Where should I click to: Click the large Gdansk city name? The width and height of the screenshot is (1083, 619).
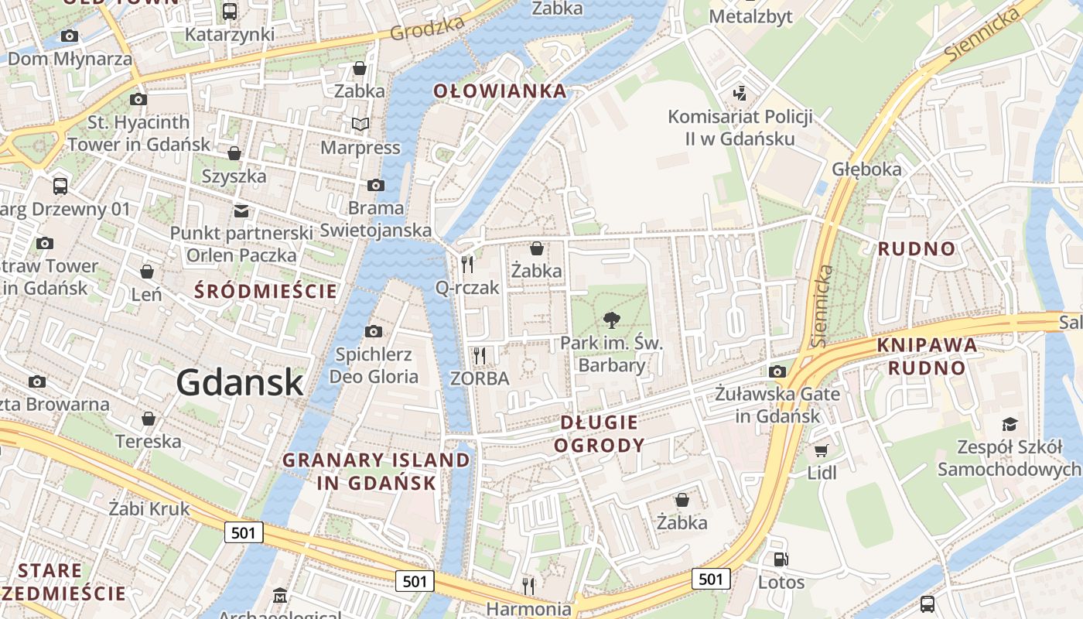(239, 382)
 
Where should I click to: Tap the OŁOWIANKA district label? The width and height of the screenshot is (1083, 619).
(500, 91)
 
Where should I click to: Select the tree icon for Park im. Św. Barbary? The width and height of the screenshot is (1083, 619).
(612, 320)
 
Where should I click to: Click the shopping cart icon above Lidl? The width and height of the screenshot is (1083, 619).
(822, 450)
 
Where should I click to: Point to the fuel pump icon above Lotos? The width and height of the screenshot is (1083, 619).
(781, 559)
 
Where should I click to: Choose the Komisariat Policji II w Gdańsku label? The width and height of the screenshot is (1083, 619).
(740, 128)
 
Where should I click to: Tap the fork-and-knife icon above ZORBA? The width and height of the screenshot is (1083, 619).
(480, 356)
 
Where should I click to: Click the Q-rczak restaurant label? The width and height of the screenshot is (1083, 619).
(467, 287)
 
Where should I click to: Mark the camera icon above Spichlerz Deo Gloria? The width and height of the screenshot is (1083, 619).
(374, 331)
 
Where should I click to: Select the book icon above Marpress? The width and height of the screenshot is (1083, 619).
(360, 124)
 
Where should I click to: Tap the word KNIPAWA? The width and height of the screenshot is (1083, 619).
(928, 346)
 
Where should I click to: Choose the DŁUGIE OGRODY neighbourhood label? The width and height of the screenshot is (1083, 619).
(600, 433)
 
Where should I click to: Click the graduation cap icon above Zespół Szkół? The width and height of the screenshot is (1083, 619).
(1010, 424)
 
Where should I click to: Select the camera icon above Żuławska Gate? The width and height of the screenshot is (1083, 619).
(777, 371)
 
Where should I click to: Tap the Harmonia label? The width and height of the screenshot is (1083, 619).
(528, 609)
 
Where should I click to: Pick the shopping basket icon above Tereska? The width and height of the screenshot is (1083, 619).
(148, 419)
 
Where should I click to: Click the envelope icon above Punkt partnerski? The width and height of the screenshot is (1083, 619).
(241, 210)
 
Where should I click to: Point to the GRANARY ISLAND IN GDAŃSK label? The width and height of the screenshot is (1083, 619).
(376, 471)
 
